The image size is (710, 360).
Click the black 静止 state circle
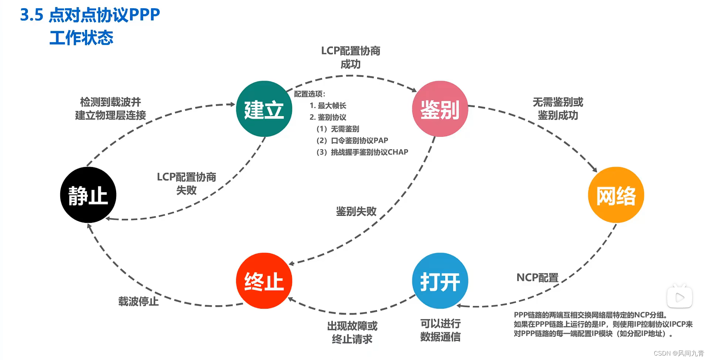[88, 195]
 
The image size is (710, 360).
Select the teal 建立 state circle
[264, 109]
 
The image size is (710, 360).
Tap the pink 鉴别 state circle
[440, 109]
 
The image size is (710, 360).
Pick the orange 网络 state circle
[616, 195]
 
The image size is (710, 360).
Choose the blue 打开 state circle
[440, 281]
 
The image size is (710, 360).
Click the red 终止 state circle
[264, 281]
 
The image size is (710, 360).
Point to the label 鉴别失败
[356, 211]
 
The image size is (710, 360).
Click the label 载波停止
[138, 302]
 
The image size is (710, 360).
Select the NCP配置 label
[537, 278]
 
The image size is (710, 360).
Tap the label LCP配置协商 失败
[186, 184]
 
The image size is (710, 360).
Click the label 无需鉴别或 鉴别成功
[558, 109]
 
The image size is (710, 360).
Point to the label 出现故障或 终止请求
[352, 333]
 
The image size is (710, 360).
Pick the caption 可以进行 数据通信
[440, 330]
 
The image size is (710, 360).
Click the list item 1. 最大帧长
[328, 106]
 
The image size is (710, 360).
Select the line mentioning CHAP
[362, 152]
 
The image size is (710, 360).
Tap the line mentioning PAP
[352, 140]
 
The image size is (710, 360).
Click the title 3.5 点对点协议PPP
[90, 15]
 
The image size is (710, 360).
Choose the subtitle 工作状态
[81, 38]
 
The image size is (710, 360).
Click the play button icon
[680, 297]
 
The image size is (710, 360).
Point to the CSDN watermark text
[679, 353]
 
